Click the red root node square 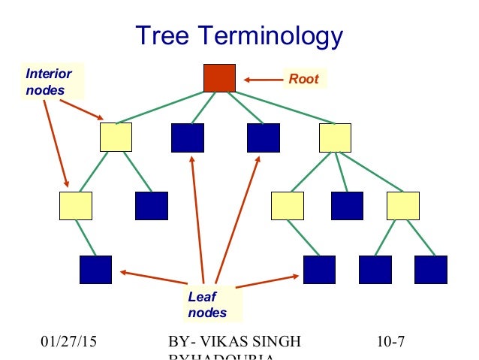click(x=220, y=78)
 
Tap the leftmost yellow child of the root click(x=116, y=137)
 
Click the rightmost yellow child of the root click(x=335, y=137)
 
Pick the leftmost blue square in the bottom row click(x=95, y=270)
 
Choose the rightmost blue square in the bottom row click(x=431, y=270)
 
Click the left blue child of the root click(x=188, y=137)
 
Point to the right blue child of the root click(x=264, y=137)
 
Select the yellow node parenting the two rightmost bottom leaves click(x=402, y=205)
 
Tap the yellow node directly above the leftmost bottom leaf click(x=76, y=205)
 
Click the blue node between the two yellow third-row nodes click(x=347, y=205)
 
